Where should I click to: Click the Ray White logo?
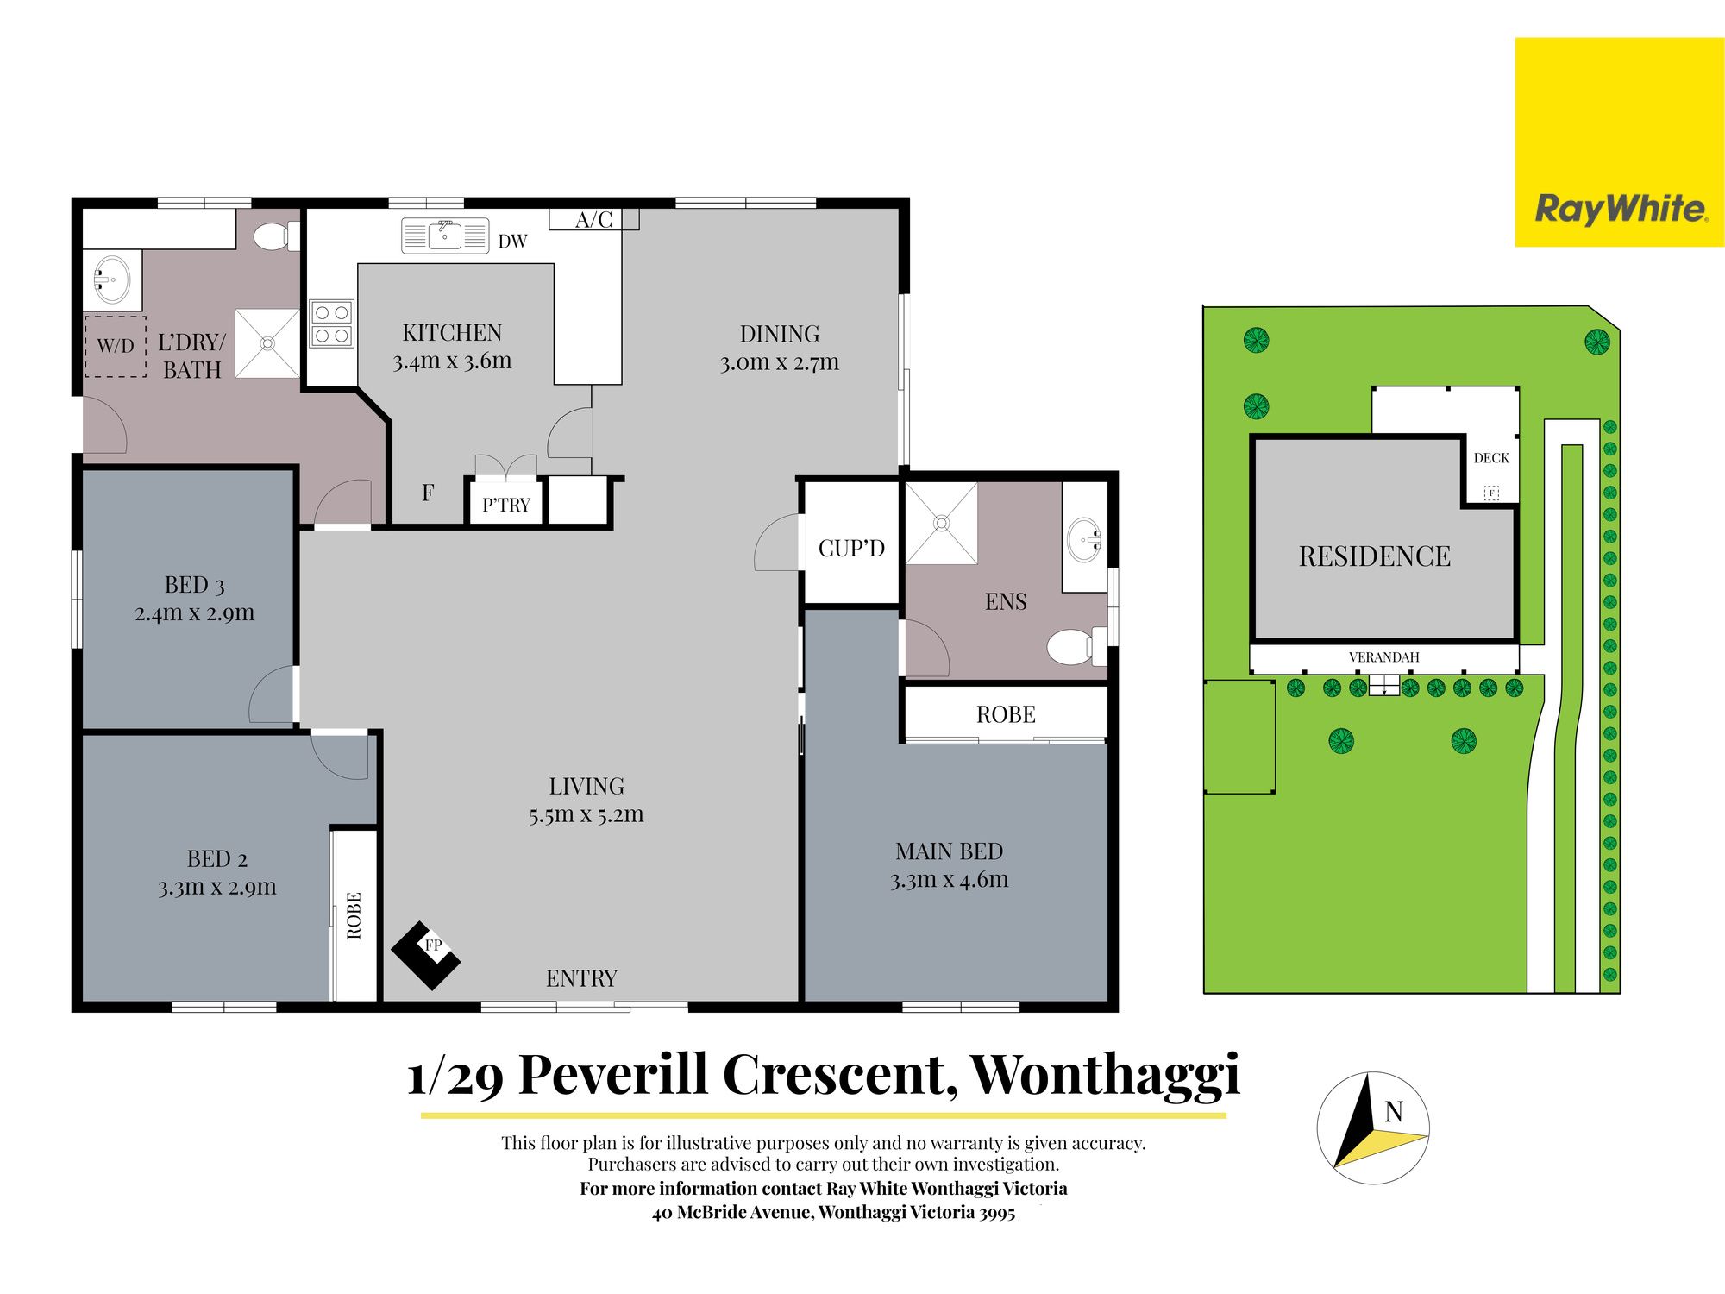1619,142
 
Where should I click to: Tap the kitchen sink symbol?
445,236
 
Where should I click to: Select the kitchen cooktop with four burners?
332,323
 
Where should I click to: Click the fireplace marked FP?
426,954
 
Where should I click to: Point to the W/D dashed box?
116,346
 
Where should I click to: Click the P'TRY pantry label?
506,505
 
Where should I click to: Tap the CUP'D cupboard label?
851,548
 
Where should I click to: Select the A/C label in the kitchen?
593,220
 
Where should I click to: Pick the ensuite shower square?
941,523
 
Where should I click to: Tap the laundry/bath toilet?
277,236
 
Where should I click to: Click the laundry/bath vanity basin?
111,280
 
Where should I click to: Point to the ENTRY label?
581,978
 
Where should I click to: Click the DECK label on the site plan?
1491,458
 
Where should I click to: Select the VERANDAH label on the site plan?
1383,657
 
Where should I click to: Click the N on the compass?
1394,1112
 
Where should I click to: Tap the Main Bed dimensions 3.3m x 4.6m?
949,880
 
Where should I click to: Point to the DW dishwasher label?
512,242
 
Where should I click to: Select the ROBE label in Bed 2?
354,915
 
